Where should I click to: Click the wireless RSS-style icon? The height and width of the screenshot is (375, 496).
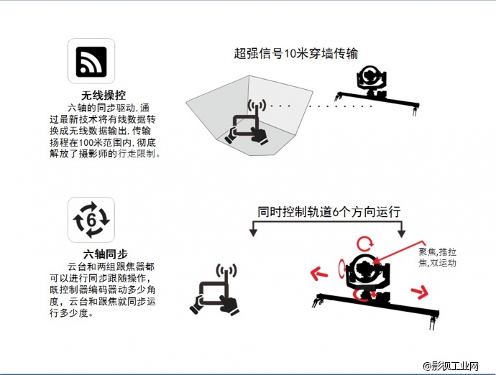[91, 62]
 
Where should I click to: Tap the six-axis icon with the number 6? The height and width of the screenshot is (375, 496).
[91, 221]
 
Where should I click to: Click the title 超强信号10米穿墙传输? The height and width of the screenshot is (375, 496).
[296, 54]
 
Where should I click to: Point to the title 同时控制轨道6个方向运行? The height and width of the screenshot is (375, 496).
[329, 212]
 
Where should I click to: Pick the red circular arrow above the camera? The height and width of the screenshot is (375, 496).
[366, 242]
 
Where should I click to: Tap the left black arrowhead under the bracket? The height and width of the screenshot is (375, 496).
[253, 232]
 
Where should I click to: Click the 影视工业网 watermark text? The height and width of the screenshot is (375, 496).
[459, 366]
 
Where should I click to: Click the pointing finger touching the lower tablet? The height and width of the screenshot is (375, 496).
[231, 306]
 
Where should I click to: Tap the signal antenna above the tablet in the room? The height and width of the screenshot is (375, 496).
[253, 107]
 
